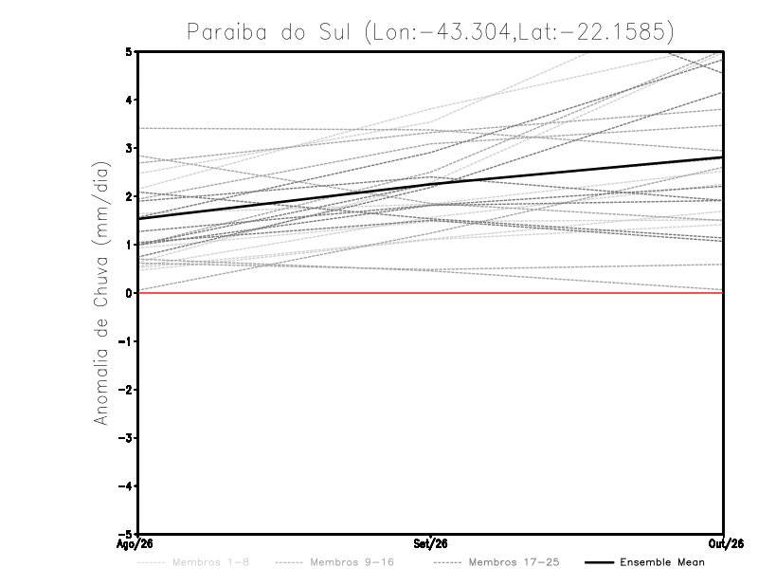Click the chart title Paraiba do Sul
coord(268,32)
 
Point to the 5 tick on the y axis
coord(129,51)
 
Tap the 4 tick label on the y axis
coord(129,100)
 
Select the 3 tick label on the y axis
coord(129,148)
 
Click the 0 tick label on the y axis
coord(129,293)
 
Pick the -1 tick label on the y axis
coord(125,341)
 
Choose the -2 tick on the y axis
coord(125,390)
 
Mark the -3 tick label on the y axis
coord(125,438)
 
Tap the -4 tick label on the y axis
coord(125,486)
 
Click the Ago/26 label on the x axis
coord(135,544)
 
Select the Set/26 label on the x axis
coord(430,544)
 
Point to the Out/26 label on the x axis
coord(726,544)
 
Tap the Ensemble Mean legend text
coord(662,562)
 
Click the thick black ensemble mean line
coord(431,183)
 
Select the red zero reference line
coord(431,293)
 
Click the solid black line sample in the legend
coord(600,562)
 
